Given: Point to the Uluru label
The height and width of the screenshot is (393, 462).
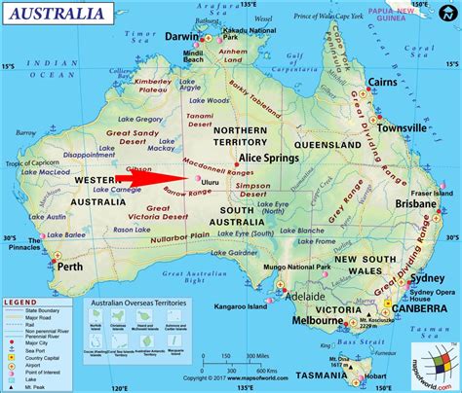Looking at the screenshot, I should point(215,182).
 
